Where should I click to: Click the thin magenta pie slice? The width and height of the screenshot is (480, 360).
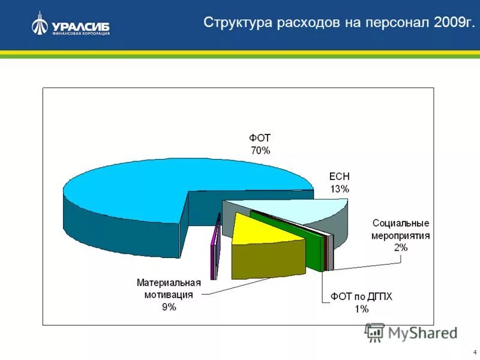point(213,249)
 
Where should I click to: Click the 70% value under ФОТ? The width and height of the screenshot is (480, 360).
point(260,151)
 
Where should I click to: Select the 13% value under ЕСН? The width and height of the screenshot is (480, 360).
point(339,189)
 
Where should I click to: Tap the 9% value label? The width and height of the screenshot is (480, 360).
point(168,307)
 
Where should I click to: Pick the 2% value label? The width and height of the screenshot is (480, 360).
point(401,247)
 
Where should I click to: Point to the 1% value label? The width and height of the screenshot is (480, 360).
point(361,309)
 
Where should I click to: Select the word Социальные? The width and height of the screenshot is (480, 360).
point(400,223)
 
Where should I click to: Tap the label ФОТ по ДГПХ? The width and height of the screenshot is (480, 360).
point(361,297)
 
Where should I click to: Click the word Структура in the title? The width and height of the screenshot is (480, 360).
point(238,23)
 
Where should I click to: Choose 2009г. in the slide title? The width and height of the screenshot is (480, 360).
point(454,23)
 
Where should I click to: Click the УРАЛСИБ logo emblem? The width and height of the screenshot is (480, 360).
point(40,24)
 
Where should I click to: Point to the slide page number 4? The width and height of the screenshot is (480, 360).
point(475,352)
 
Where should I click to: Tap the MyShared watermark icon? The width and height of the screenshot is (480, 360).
point(375,332)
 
